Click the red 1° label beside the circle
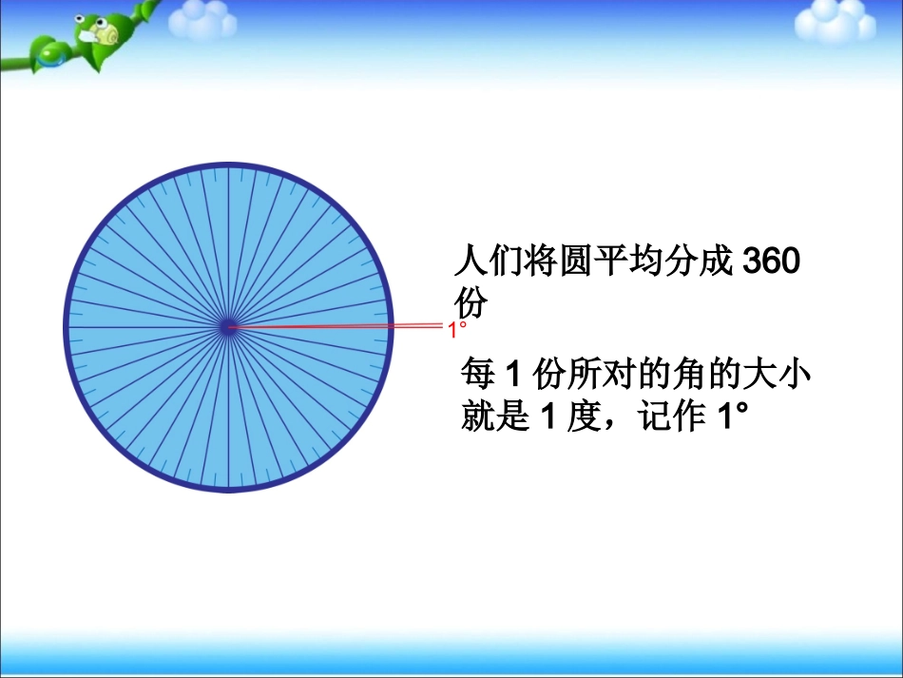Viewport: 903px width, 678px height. pyautogui.click(x=457, y=329)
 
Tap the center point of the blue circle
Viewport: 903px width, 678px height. pyautogui.click(x=228, y=327)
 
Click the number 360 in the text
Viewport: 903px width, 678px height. pyautogui.click(x=769, y=261)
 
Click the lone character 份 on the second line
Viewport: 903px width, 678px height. pyautogui.click(x=472, y=305)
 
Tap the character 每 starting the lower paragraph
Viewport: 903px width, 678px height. pyautogui.click(x=477, y=374)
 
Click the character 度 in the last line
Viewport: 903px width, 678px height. pyautogui.click(x=580, y=417)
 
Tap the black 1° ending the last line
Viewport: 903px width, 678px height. pyautogui.click(x=722, y=417)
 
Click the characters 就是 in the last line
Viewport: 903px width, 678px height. pyautogui.click(x=494, y=417)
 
